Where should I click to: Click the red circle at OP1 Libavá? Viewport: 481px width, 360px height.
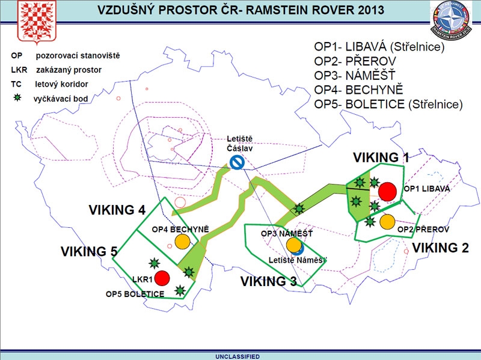(387, 192)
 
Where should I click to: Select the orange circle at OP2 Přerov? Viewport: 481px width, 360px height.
(387, 222)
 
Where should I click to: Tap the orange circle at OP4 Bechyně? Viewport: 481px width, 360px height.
(182, 241)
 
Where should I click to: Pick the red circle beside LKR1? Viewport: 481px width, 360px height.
(161, 278)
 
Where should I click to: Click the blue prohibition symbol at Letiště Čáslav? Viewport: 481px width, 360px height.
(237, 162)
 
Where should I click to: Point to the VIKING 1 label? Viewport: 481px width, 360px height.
(381, 158)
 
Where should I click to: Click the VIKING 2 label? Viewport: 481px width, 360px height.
(440, 247)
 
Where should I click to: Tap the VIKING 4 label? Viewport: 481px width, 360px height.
(117, 210)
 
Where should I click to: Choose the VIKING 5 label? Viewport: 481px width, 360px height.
(89, 251)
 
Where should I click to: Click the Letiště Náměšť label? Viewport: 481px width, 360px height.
(298, 260)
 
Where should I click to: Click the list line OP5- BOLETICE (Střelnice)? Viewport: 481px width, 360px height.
(388, 103)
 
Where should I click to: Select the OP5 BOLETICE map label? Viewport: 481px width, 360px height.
(135, 294)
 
